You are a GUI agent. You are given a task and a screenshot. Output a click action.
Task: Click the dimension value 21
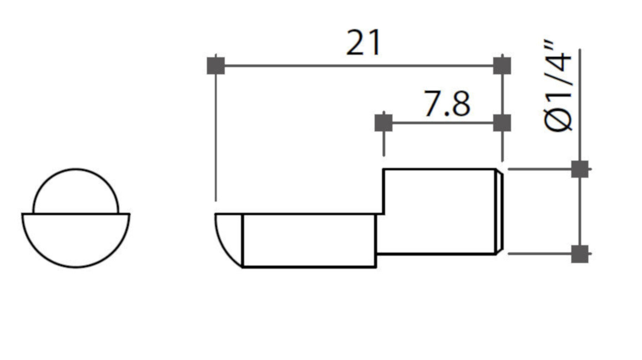click(363, 43)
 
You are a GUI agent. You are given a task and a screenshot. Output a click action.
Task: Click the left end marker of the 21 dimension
click(216, 66)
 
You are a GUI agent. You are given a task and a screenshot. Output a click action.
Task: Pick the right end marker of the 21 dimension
click(502, 66)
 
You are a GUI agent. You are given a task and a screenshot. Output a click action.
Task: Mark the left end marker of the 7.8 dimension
click(383, 123)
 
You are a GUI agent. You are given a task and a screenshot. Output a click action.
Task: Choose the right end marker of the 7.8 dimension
click(502, 123)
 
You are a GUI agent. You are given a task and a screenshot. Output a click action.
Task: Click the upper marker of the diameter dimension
click(580, 169)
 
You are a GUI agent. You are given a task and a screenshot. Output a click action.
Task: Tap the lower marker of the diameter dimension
click(580, 254)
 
